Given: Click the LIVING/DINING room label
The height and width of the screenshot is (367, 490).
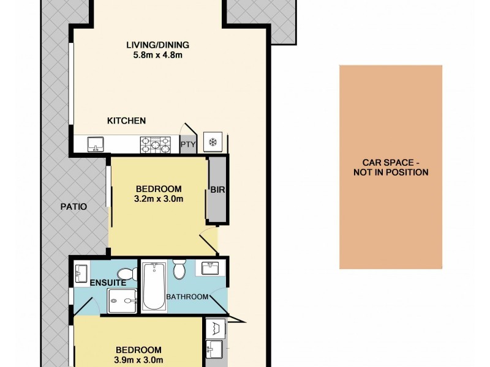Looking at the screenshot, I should click(157, 45).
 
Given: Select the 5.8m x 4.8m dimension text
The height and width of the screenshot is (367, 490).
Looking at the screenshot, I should click(157, 56).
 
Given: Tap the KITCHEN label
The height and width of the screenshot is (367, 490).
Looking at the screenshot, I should click(126, 120).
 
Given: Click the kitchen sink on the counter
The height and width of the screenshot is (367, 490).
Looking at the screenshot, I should click(96, 144).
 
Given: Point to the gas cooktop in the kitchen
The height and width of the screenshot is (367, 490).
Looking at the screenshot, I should click(156, 144).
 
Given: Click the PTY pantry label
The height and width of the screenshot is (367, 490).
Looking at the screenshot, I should click(187, 145).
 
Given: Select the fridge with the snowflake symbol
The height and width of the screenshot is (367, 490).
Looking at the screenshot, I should click(213, 143).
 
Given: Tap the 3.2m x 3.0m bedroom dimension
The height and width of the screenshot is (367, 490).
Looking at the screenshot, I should click(159, 199).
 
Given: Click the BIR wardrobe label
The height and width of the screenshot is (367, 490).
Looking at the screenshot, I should click(217, 190).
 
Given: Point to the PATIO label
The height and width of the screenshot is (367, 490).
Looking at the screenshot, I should click(74, 207).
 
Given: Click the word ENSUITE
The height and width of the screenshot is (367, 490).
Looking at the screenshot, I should click(108, 283).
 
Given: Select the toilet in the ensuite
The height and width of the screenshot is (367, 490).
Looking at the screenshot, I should click(127, 273).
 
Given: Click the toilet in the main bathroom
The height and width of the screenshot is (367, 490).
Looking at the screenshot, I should click(179, 269).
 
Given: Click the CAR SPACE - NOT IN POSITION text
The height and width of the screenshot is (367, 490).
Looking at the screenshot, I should click(390, 168).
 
